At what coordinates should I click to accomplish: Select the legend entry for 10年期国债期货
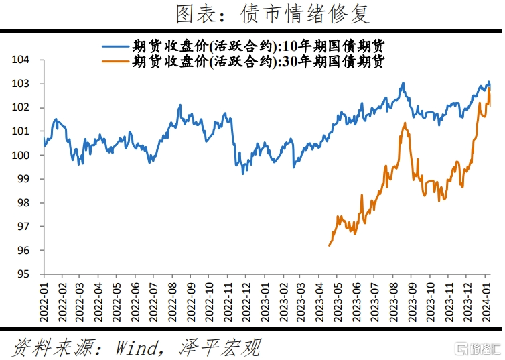tap(244, 46)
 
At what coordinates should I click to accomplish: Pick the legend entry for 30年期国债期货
tap(244, 61)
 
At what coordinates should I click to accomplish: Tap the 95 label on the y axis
tap(24, 274)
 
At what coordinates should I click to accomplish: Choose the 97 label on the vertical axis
tap(24, 227)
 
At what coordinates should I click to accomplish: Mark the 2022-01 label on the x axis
tap(44, 297)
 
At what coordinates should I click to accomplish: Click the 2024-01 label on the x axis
tap(488, 297)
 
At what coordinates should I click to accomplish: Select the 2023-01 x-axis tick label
tap(265, 297)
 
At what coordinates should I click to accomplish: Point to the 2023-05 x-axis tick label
tap(339, 297)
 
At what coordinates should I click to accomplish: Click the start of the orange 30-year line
tap(329, 246)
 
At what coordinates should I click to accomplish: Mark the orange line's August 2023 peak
tap(405, 123)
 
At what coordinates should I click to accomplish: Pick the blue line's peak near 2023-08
tap(403, 83)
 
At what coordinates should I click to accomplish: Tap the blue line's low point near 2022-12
tap(243, 174)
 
